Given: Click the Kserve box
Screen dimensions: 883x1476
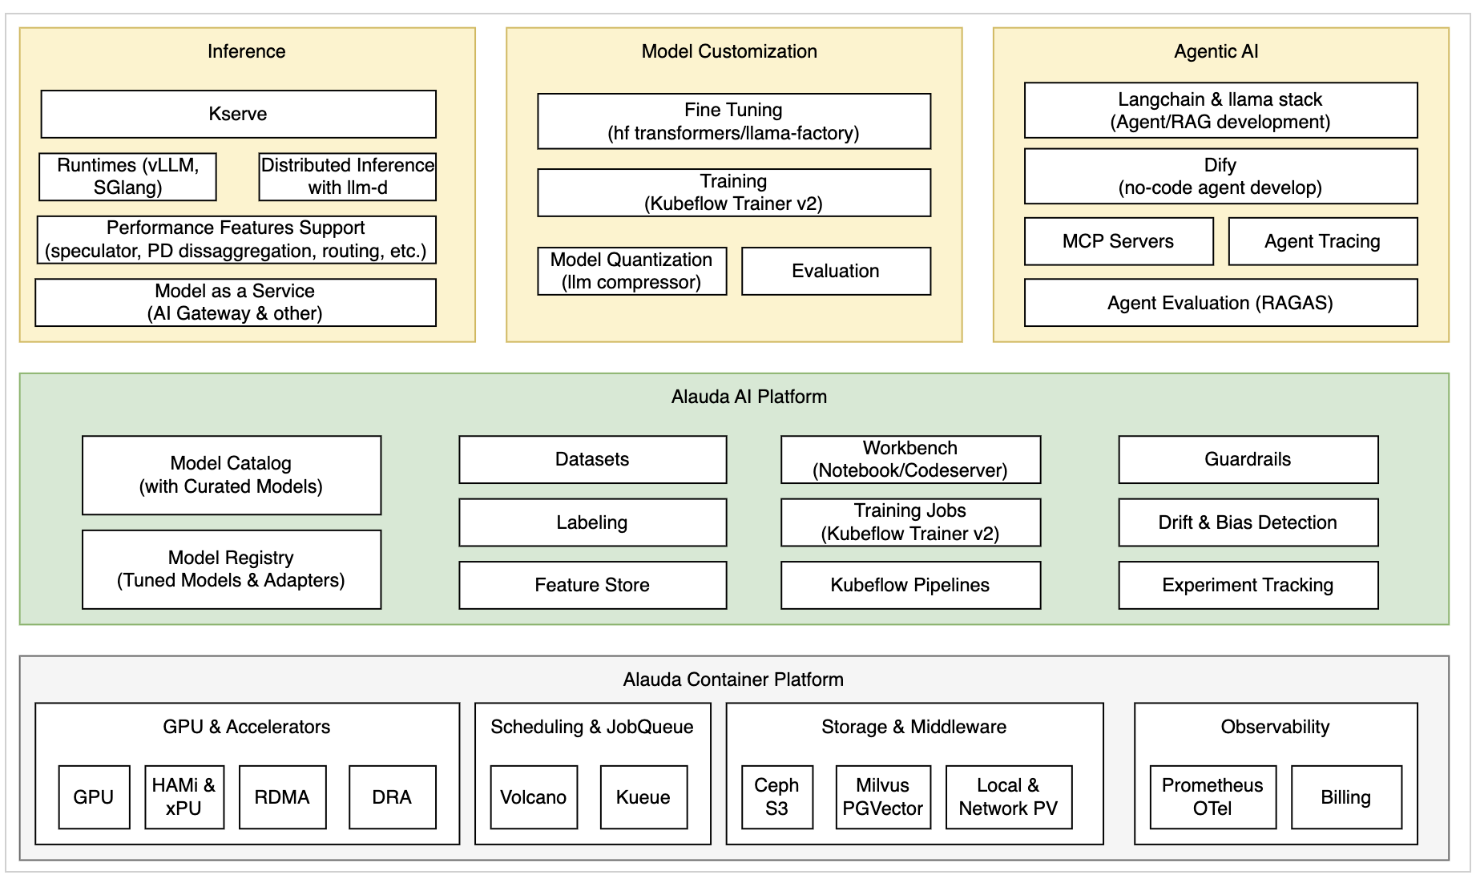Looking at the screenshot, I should (x=238, y=114).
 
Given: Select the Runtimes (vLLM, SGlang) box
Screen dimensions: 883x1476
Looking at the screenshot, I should (x=127, y=176).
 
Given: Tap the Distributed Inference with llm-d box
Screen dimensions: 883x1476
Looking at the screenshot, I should (x=347, y=176).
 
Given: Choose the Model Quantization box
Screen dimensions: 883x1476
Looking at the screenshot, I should (x=631, y=271).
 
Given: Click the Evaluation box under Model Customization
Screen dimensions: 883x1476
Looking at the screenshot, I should (x=836, y=271).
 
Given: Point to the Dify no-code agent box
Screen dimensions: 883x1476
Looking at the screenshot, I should (x=1220, y=176).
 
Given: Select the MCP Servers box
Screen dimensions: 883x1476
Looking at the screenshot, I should (x=1118, y=241).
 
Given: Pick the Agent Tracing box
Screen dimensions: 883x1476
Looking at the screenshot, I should (x=1322, y=241).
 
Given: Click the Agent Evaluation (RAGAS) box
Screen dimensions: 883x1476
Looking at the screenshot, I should (x=1220, y=303).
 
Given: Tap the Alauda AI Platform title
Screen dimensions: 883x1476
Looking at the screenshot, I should (x=749, y=397).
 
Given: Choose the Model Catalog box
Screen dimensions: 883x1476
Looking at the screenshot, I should (x=232, y=475).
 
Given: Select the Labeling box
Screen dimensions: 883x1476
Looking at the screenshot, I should (x=592, y=522).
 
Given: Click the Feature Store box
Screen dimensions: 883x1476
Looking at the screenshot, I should (x=592, y=585).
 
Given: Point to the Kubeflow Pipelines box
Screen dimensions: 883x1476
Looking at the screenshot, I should (x=910, y=585).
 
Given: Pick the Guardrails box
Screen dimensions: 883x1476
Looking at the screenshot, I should (x=1248, y=459).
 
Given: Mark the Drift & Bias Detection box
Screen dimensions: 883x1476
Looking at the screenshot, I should (x=1248, y=522).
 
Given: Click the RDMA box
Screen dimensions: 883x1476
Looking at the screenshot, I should (x=282, y=797).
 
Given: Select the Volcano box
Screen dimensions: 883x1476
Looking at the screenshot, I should (x=534, y=797).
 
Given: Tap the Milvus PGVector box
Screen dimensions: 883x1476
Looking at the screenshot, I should (x=882, y=797).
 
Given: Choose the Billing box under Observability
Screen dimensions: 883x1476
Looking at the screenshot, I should (x=1346, y=797).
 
